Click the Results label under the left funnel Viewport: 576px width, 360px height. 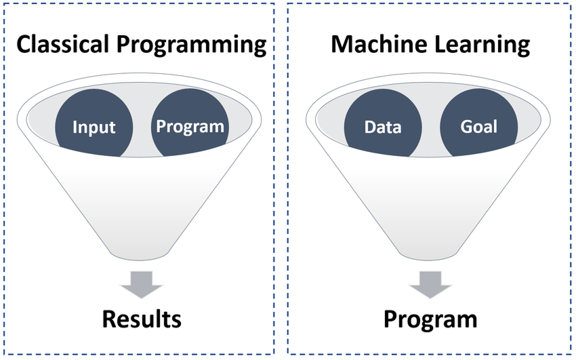pos(142,319)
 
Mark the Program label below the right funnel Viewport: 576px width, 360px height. pos(430,319)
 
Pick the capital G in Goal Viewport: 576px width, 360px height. pos(466,127)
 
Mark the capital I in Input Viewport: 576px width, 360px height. pos(75,127)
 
